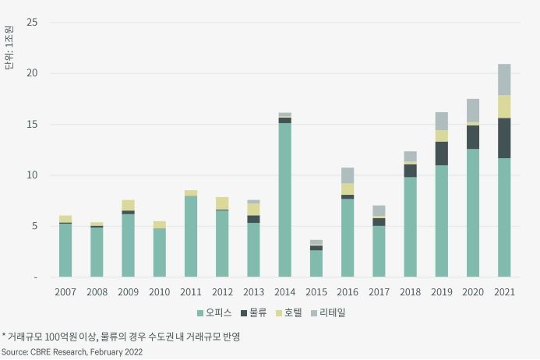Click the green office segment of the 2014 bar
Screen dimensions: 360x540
[284, 199]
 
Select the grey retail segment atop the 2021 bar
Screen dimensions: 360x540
[504, 79]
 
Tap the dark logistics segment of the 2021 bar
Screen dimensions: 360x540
[504, 138]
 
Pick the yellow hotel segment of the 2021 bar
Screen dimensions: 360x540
[504, 107]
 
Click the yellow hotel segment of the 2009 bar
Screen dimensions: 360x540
[128, 205]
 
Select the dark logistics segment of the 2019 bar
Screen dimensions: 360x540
[441, 154]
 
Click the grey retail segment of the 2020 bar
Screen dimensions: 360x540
[472, 111]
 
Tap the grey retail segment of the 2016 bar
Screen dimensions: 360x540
[347, 175]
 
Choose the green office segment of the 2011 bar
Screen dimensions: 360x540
[190, 236]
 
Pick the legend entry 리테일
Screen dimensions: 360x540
[333, 312]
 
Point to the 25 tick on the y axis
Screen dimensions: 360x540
[32, 22]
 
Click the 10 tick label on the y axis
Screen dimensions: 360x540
[32, 175]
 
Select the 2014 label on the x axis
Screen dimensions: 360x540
[284, 291]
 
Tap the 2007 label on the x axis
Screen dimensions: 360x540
[65, 291]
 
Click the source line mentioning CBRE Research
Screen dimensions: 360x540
[72, 352]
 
